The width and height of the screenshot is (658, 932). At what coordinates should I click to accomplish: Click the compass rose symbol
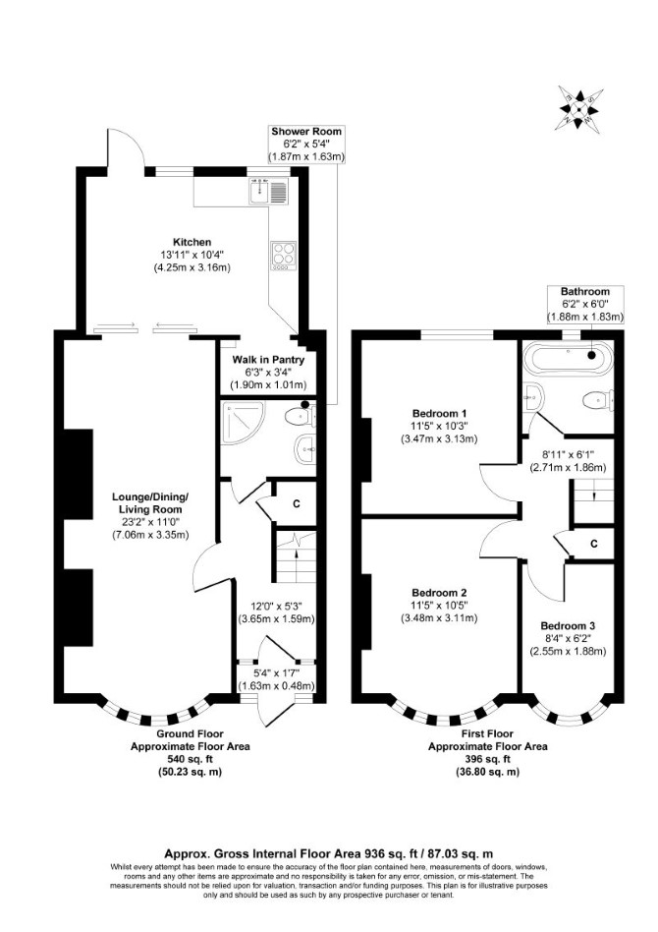[x=577, y=108]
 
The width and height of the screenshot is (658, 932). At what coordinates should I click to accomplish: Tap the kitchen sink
[x=269, y=190]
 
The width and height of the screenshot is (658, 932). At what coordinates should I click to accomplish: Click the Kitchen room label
[x=192, y=242]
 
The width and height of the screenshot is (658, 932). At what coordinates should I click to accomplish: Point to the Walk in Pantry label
[x=268, y=360]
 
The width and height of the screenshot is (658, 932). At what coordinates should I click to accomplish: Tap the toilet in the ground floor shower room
[x=300, y=416]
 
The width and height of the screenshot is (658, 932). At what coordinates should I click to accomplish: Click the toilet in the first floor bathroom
[x=598, y=399]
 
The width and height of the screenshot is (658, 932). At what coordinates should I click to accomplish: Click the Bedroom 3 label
[x=568, y=625]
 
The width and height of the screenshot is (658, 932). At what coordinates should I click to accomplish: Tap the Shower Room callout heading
[x=306, y=132]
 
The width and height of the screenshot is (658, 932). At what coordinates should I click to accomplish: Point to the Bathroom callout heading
[x=585, y=291]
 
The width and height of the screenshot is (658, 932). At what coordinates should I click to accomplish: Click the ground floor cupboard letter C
[x=297, y=504]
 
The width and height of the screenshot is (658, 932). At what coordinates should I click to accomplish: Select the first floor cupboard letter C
[x=594, y=544]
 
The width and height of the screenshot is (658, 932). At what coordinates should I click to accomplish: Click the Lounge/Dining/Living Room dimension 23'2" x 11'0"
[x=151, y=522]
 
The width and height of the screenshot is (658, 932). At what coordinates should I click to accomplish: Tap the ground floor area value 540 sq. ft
[x=191, y=759]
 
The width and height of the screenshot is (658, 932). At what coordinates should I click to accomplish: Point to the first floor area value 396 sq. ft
[x=487, y=759]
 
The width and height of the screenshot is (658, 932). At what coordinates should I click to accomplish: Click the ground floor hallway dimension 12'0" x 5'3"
[x=276, y=607]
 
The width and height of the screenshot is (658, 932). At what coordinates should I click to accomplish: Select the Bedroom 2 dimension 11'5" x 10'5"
[x=439, y=605]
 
